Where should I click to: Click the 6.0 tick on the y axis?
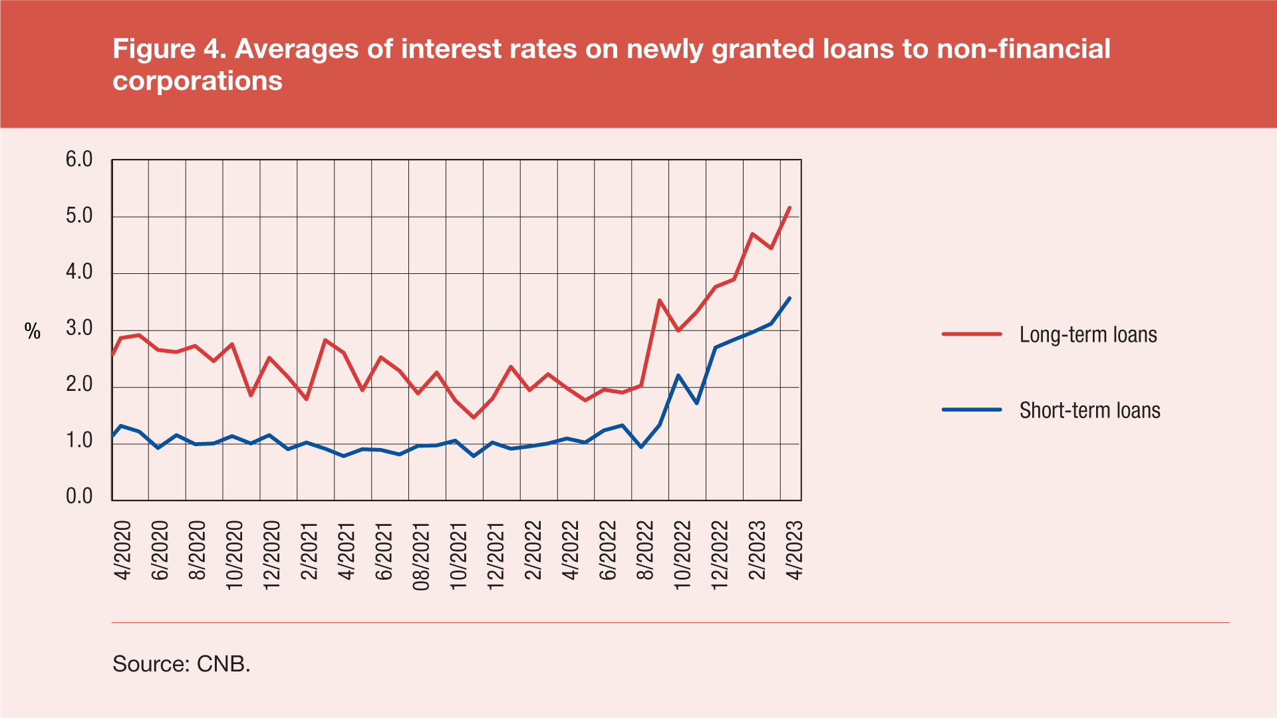click(x=78, y=160)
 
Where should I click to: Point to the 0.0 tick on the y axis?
click(x=78, y=497)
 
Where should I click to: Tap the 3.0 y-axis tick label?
click(x=78, y=328)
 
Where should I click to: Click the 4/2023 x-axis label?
click(x=795, y=550)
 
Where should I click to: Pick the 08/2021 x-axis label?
click(x=422, y=556)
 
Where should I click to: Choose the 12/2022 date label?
click(x=720, y=556)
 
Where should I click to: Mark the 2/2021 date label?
click(x=310, y=550)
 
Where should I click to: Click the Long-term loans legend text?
click(x=1088, y=334)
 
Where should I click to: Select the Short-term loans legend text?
click(x=1089, y=410)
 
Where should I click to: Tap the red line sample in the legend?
click(x=972, y=334)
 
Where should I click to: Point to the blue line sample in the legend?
click(x=972, y=410)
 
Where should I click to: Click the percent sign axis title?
click(x=33, y=331)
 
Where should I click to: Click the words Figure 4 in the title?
click(x=169, y=49)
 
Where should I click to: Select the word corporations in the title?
click(x=198, y=81)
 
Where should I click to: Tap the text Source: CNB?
click(x=182, y=663)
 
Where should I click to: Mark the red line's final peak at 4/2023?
click(x=789, y=207)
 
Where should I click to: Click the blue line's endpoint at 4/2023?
click(x=789, y=298)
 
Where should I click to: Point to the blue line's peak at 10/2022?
click(x=678, y=376)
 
